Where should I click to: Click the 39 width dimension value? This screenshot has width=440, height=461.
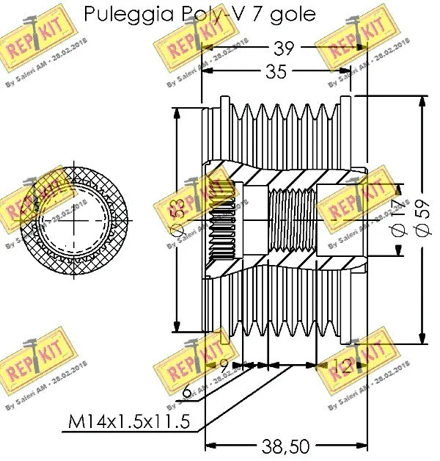coord(283,49)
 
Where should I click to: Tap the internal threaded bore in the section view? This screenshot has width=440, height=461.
coord(292,220)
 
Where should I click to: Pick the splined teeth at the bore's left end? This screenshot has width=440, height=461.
coord(219,220)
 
